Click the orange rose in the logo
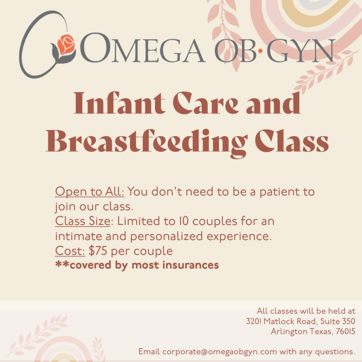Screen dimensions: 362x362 pyautogui.click(x=66, y=45)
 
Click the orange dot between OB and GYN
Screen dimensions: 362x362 pyautogui.click(x=260, y=51)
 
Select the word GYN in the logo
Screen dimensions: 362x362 pyautogui.click(x=300, y=50)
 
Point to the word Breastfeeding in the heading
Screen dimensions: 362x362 pyautogui.click(x=147, y=142)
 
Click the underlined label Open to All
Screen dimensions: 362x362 pyautogui.click(x=89, y=192)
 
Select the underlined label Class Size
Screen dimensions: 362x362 pyautogui.click(x=83, y=221)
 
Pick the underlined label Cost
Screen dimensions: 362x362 pyautogui.click(x=70, y=251)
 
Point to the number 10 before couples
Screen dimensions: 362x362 pyautogui.click(x=184, y=221)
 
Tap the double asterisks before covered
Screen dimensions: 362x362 pyautogui.click(x=62, y=264)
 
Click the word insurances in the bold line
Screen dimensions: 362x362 pyautogui.click(x=191, y=265)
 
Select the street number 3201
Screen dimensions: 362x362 pyautogui.click(x=253, y=321)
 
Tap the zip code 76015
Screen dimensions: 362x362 pyautogui.click(x=345, y=331)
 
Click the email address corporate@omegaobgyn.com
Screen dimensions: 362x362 pyautogui.click(x=220, y=352)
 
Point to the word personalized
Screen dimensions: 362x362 pyautogui.click(x=167, y=237)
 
